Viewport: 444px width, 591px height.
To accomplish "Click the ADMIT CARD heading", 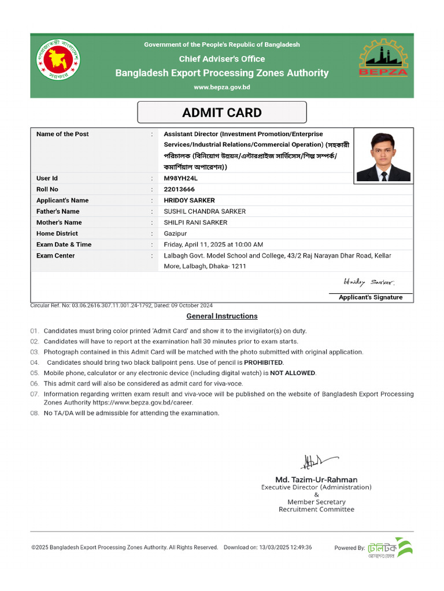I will (222, 113).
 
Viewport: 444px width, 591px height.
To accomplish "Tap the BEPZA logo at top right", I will (383, 58).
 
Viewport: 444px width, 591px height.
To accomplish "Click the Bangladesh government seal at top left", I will (59, 59).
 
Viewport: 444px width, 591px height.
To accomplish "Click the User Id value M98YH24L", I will (180, 178).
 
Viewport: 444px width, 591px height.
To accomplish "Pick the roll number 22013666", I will (179, 189).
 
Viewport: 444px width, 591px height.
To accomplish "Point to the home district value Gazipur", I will (175, 234).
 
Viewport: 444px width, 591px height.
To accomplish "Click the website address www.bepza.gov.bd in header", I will (222, 87).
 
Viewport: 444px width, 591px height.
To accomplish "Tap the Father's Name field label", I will (58, 211).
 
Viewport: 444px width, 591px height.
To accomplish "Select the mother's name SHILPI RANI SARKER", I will (195, 223).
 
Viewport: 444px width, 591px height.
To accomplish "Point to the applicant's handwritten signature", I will (369, 283).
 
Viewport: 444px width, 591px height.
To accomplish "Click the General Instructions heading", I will (222, 316).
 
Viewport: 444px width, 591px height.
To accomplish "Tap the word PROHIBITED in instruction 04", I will (264, 362).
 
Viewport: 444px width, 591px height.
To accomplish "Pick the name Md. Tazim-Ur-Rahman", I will (316, 480).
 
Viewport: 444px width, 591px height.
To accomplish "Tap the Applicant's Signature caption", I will (371, 297).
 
